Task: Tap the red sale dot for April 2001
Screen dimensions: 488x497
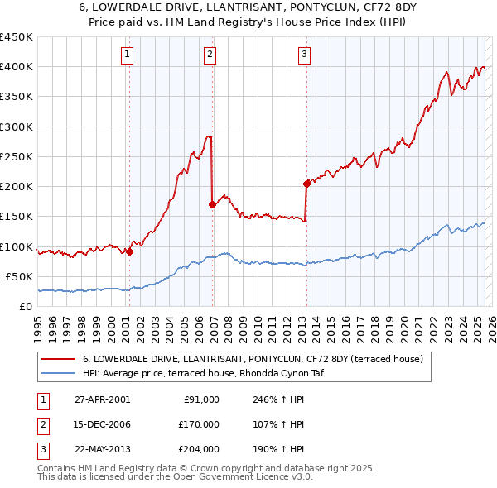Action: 129,252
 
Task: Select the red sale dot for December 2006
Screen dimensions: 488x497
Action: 213,204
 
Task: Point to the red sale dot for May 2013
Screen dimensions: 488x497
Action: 306,184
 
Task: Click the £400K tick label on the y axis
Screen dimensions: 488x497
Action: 17,67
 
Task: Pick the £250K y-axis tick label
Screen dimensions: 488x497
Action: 17,156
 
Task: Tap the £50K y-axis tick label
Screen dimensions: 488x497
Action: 20,276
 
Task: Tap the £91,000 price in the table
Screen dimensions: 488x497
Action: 200,399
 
